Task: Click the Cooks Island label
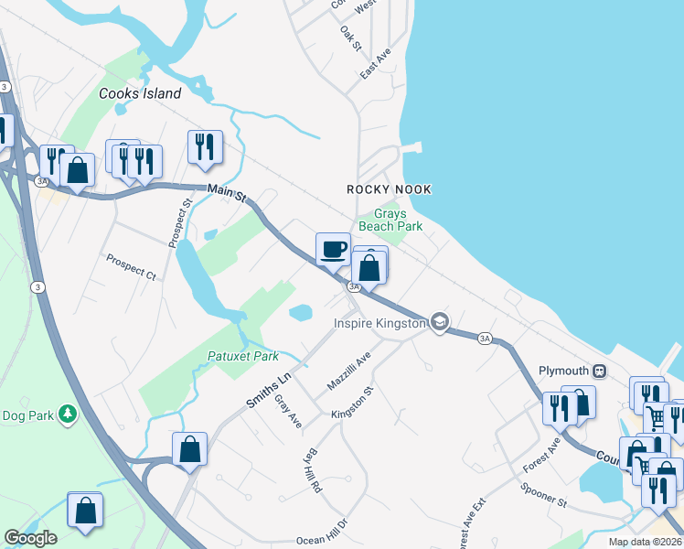(140, 93)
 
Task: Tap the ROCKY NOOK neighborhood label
(389, 189)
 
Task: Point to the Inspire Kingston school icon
(440, 322)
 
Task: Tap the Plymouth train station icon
(600, 371)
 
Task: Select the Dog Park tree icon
(67, 415)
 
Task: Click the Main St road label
(227, 193)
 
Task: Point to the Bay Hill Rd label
(313, 471)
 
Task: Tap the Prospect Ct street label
(131, 265)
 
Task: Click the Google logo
(30, 538)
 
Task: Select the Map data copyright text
(645, 542)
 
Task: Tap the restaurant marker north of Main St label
(205, 147)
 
